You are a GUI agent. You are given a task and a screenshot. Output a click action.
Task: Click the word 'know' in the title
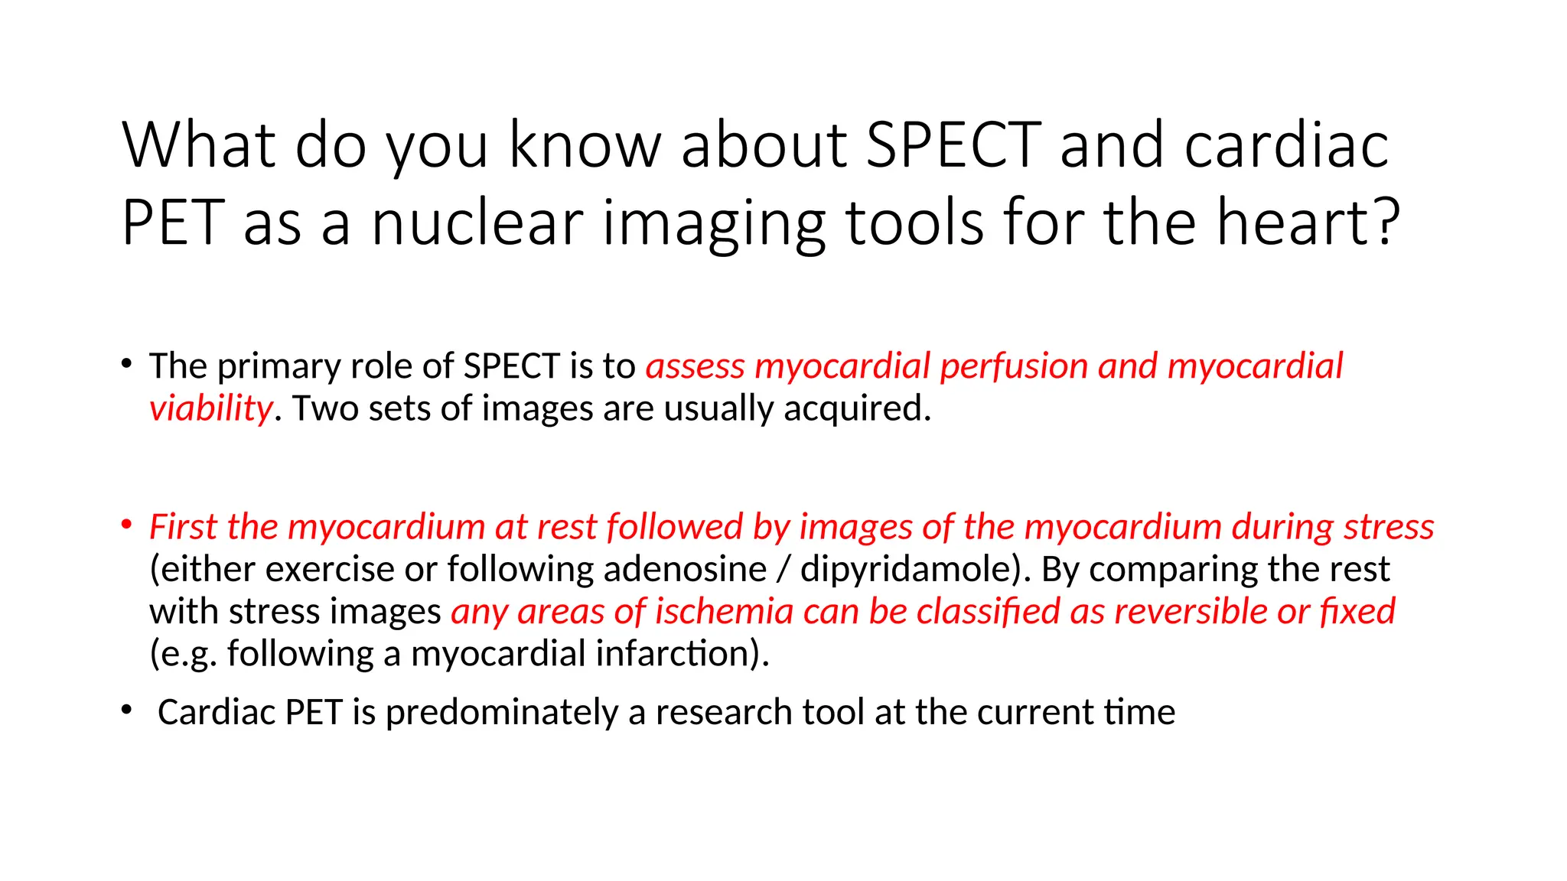pyautogui.click(x=585, y=145)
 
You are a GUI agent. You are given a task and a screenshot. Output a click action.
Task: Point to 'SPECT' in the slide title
pyautogui.click(x=953, y=145)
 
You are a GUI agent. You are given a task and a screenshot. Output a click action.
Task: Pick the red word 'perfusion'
pyautogui.click(x=1014, y=366)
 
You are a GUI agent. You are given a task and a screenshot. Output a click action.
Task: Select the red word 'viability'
pyautogui.click(x=210, y=408)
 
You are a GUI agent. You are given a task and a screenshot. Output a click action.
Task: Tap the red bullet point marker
pyautogui.click(x=127, y=525)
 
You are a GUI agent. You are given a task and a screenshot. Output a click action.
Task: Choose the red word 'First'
pyautogui.click(x=184, y=527)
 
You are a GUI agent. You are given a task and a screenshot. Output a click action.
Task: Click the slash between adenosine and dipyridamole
pyautogui.click(x=783, y=570)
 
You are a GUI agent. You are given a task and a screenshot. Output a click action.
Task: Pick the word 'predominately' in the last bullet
pyautogui.click(x=501, y=713)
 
